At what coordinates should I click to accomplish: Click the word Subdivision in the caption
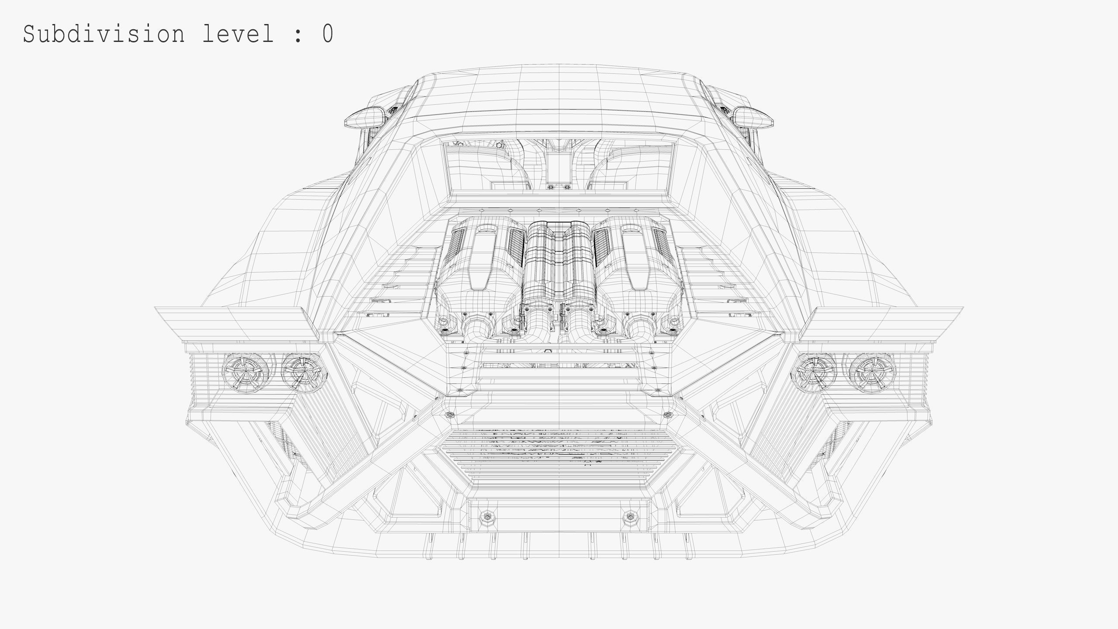tap(104, 34)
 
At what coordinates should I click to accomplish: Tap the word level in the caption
tap(238, 34)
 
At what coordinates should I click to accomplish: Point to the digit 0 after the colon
tap(328, 34)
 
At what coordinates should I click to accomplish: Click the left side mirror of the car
tap(365, 117)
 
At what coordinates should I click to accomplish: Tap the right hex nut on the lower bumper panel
tap(630, 517)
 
